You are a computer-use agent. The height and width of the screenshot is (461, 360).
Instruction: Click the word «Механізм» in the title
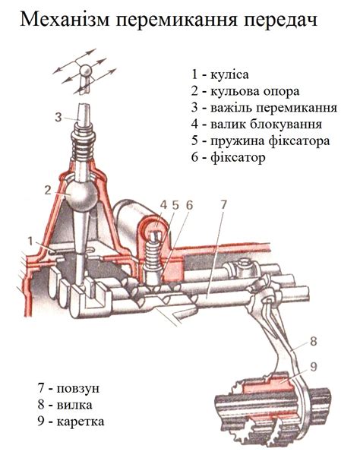coord(65,20)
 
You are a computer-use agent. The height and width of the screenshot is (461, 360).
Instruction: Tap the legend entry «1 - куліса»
coord(220,74)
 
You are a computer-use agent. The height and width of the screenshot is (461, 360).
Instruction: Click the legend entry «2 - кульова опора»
coord(245,91)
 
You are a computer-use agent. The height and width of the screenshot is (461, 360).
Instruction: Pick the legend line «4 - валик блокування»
coord(256,124)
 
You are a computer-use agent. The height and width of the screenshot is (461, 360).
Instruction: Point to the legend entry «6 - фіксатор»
coord(229,157)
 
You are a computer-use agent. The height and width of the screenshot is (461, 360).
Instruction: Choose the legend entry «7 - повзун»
coord(68,388)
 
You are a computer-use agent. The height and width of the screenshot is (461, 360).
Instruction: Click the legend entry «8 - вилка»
coord(65,405)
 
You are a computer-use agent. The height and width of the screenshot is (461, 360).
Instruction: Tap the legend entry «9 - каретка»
coord(71,422)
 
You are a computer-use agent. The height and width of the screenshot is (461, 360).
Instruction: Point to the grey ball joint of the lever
coord(81,195)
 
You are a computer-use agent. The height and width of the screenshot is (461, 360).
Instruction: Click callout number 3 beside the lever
coord(58,117)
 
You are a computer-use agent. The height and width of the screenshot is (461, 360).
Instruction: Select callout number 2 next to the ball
coord(49,190)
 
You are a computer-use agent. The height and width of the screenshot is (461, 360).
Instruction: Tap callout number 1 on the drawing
coord(30,242)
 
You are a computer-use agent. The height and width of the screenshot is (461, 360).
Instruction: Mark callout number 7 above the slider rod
coord(223,205)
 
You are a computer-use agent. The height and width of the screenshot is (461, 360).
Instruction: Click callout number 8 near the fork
coord(314,341)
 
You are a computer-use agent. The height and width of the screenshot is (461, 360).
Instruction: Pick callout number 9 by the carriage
coord(314,367)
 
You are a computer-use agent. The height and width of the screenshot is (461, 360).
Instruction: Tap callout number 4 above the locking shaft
coord(163,205)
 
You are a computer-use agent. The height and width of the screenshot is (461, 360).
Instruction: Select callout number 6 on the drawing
coord(189,205)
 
